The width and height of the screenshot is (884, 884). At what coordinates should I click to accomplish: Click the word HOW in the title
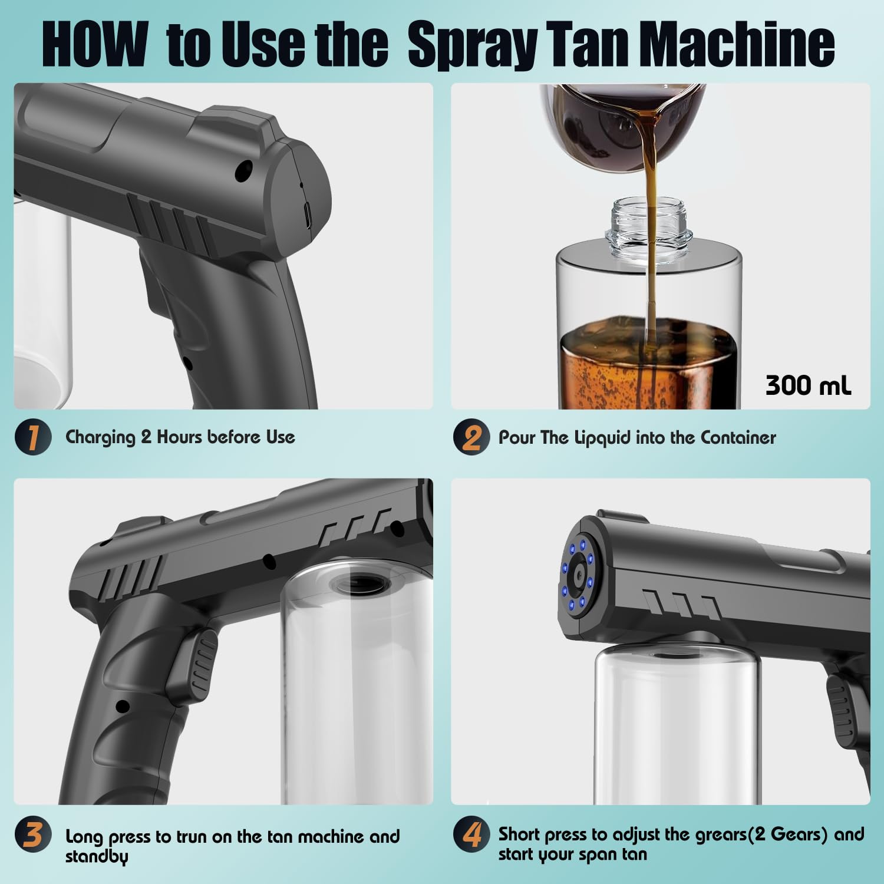pyautogui.click(x=94, y=45)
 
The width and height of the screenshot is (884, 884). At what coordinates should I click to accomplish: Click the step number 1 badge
pyautogui.click(x=32, y=437)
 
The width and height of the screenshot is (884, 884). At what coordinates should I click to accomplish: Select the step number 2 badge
pyautogui.click(x=471, y=437)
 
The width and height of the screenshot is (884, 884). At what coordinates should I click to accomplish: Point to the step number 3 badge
pyautogui.click(x=32, y=836)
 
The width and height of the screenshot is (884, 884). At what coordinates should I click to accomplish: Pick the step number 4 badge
pyautogui.click(x=471, y=834)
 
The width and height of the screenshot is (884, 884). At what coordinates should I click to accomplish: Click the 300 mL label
pyautogui.click(x=808, y=385)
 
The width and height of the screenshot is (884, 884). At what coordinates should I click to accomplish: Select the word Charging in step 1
pyautogui.click(x=100, y=437)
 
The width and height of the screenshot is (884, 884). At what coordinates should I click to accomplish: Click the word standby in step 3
pyautogui.click(x=96, y=856)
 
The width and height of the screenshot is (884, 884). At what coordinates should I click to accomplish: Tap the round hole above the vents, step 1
pyautogui.click(x=243, y=170)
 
